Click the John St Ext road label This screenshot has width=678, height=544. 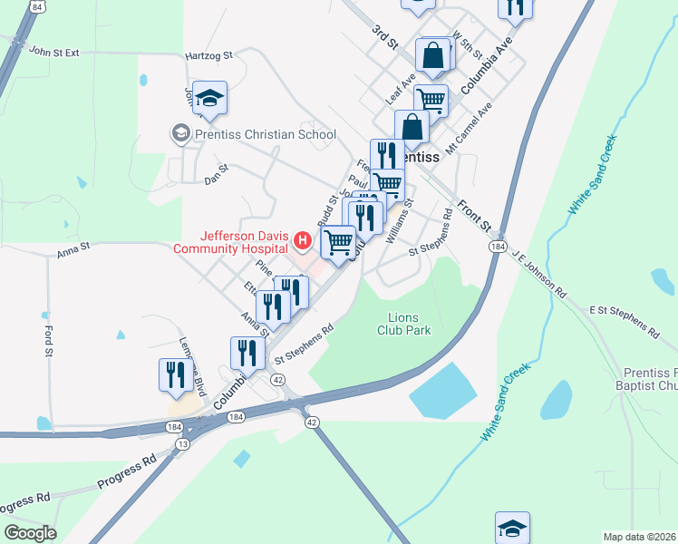pos(54,53)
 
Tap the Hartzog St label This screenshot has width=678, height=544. pos(209,55)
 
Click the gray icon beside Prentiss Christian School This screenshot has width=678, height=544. pos(179,135)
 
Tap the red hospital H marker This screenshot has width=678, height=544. pos(303,241)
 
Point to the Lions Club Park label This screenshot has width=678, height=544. pos(403,324)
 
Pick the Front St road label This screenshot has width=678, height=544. pos(473,214)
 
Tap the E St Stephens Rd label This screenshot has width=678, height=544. pos(625,320)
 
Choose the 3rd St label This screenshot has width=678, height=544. pos(385,37)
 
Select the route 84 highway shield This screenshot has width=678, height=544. pos(36,6)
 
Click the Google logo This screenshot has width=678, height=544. pos(30,533)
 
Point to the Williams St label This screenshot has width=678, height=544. pos(399,222)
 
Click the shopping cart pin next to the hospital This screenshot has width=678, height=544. pos(338,242)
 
